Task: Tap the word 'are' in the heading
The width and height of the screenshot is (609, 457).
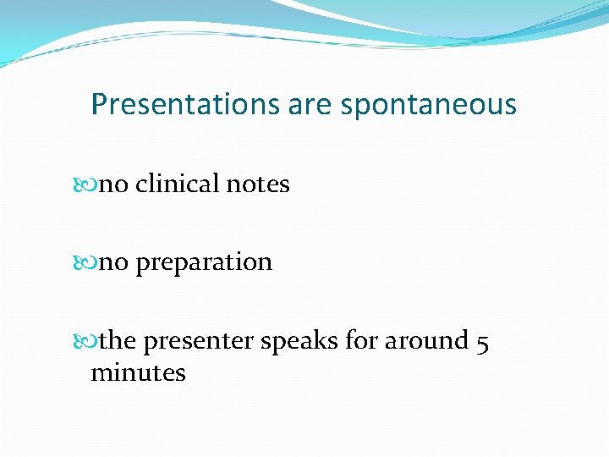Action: pyautogui.click(x=310, y=104)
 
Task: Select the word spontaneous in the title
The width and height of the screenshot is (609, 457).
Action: pyautogui.click(x=428, y=106)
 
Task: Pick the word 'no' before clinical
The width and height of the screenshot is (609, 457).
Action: pyautogui.click(x=114, y=184)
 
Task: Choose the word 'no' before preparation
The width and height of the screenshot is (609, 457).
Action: pyautogui.click(x=114, y=262)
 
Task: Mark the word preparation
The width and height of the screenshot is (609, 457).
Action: pyautogui.click(x=204, y=263)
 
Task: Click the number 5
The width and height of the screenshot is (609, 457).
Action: pyautogui.click(x=483, y=341)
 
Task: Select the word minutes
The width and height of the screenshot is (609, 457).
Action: pyautogui.click(x=138, y=372)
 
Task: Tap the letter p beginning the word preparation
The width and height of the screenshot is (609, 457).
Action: pyautogui.click(x=142, y=265)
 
